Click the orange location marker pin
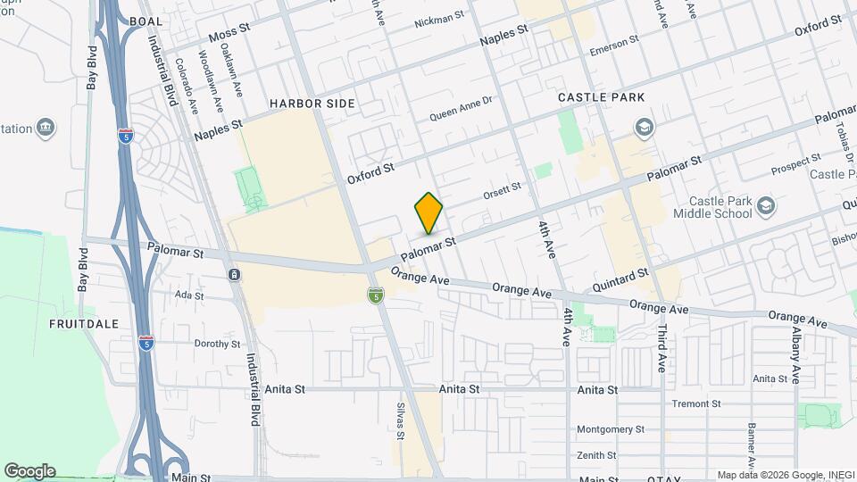428,213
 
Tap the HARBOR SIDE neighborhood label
312,104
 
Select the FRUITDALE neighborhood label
84,323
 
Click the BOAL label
146,21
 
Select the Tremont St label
695,403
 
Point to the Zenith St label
597,455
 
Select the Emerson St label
614,41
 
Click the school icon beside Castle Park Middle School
765,207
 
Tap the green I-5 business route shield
376,295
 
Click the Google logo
29,470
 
